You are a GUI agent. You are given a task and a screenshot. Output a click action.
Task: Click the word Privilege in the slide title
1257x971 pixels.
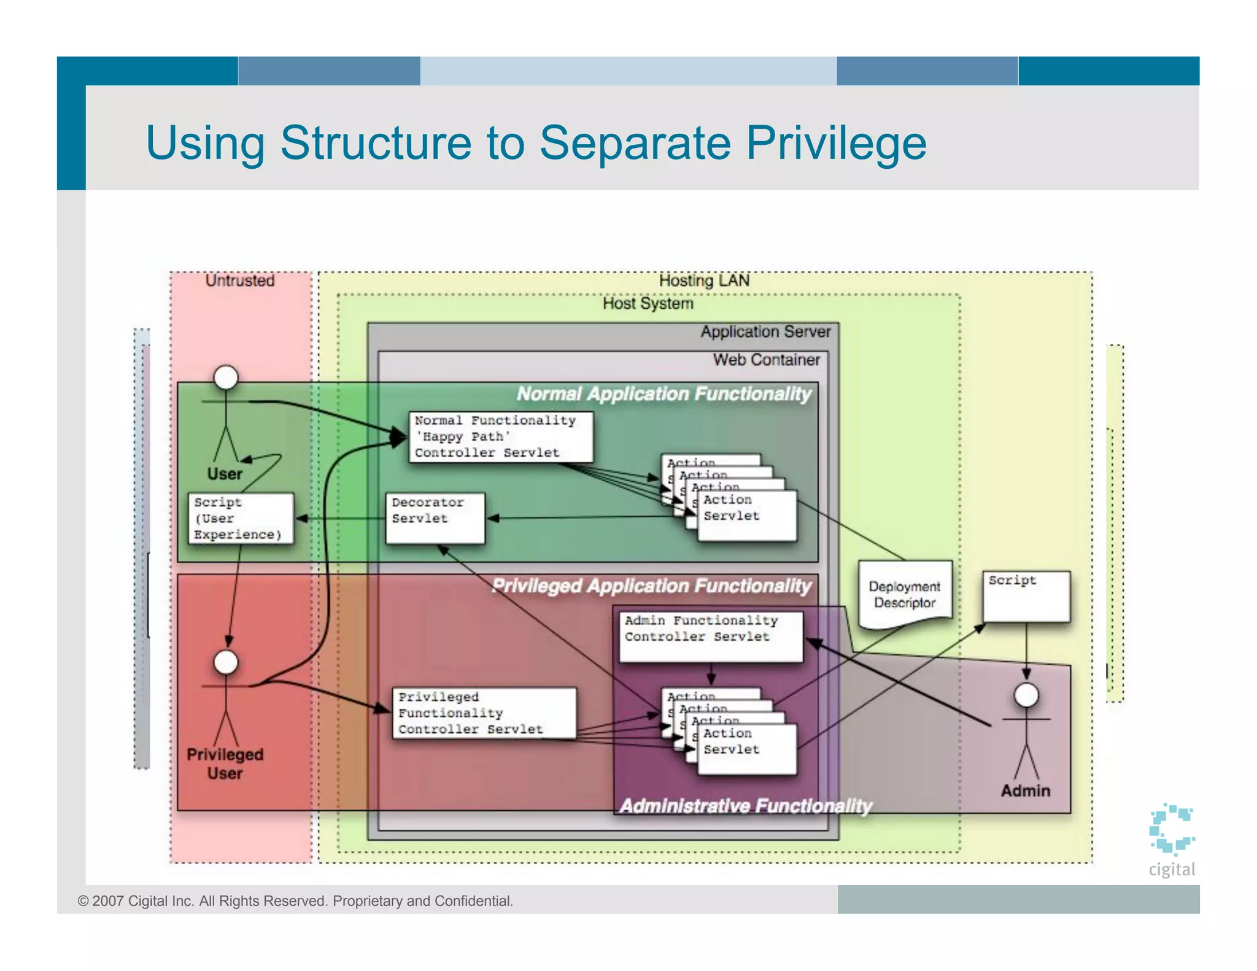tap(836, 143)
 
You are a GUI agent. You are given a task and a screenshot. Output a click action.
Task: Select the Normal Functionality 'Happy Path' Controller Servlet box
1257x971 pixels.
tap(500, 437)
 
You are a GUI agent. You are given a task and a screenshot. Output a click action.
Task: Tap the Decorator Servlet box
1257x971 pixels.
tap(435, 518)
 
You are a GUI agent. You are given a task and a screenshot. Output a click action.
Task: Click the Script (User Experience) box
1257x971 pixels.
tap(240, 519)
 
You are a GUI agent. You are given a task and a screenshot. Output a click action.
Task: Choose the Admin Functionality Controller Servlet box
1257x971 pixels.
tap(710, 636)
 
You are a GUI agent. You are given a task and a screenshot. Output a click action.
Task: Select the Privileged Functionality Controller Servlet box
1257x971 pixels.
tap(484, 713)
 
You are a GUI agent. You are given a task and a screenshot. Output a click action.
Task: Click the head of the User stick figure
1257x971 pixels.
tap(226, 377)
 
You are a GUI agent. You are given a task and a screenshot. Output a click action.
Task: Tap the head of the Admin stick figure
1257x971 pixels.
tap(1026, 695)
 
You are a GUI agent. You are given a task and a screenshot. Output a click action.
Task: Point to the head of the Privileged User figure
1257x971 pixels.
tap(226, 662)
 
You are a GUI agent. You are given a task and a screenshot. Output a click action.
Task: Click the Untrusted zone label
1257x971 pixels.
tap(239, 281)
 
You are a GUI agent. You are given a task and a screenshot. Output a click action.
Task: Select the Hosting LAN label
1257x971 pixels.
tap(704, 281)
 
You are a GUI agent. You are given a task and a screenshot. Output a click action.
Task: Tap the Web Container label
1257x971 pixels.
tap(766, 360)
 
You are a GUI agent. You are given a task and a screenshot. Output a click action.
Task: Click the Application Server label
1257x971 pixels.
tap(765, 332)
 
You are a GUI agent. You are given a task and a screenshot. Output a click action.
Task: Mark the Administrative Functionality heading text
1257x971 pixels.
tap(745, 805)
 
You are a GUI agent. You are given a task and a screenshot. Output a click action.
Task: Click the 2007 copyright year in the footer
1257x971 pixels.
tap(108, 901)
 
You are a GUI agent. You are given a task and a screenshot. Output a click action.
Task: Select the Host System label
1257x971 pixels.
tap(648, 304)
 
